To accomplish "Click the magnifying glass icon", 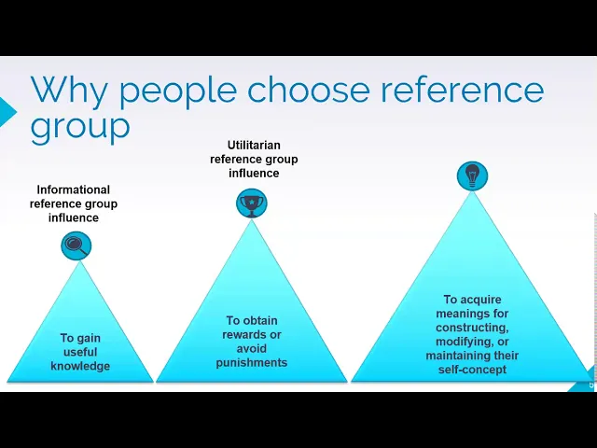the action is point(76,246).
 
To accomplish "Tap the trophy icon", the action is point(252,203).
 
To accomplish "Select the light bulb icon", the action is point(472,175).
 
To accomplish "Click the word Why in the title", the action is point(68,91).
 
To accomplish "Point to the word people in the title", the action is point(176,91).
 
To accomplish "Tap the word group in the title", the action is point(80,126).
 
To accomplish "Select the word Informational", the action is point(74,190).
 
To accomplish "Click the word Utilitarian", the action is point(254,146).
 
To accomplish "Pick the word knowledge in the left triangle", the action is point(80,367).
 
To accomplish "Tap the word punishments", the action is point(252,363).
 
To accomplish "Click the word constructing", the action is point(472,329).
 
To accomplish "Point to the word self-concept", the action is point(472,371).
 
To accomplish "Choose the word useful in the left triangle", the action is point(80,353).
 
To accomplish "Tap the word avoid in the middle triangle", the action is point(252,349).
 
